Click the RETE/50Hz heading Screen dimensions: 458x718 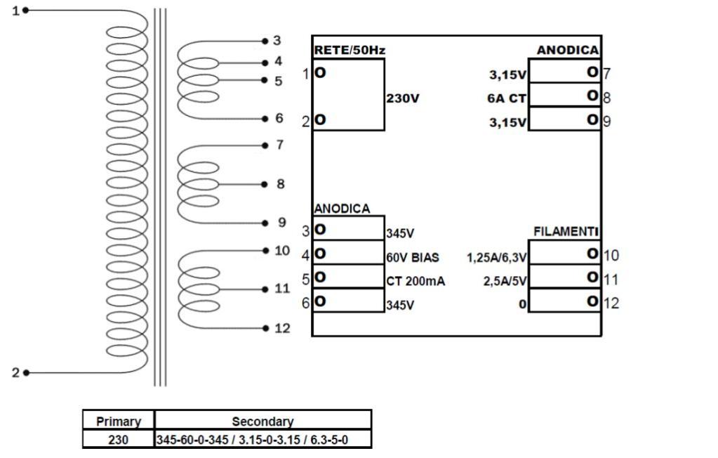point(350,51)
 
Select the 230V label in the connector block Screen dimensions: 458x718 point(403,98)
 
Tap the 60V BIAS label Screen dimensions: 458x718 point(413,257)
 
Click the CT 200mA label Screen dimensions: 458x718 point(415,281)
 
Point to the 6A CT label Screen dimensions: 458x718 point(507,98)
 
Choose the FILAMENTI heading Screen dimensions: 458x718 point(566,231)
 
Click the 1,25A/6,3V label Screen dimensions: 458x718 point(497,257)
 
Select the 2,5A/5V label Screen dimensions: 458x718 point(505,281)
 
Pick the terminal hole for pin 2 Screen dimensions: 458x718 point(320,120)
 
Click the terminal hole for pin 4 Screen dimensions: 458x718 point(320,253)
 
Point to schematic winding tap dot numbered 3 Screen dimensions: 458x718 point(265,41)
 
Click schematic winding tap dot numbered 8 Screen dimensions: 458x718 point(265,184)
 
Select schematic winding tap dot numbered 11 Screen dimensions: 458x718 point(265,289)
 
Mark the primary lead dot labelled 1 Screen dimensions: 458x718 point(26,11)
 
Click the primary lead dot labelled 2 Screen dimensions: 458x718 point(26,372)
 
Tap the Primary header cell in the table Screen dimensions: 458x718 point(119,421)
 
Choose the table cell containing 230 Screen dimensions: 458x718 point(119,440)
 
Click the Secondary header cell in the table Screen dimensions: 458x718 point(262,421)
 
